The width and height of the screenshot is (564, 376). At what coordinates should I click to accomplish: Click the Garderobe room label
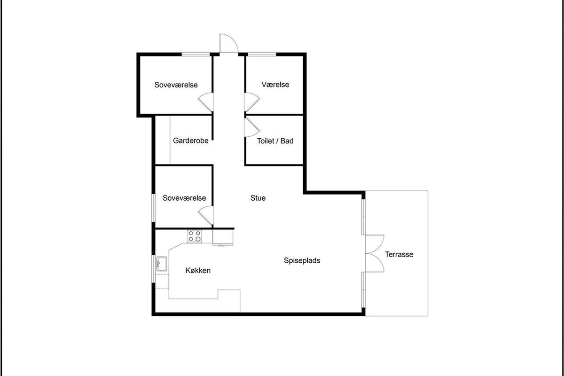191,141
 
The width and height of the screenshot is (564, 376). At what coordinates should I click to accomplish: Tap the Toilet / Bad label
275,141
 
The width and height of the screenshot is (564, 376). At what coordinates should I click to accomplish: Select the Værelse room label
275,85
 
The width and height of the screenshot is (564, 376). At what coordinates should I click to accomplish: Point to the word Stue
258,198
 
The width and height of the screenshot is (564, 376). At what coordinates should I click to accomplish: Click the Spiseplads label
302,260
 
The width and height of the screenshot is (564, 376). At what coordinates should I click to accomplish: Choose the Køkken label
198,270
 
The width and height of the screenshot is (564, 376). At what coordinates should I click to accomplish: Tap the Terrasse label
399,254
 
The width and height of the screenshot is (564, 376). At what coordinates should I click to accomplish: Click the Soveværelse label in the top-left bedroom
176,85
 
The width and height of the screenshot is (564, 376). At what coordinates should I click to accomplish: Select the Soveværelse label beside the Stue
184,198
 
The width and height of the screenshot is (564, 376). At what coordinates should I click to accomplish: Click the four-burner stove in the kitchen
195,236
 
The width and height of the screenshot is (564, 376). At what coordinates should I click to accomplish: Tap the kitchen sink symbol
162,264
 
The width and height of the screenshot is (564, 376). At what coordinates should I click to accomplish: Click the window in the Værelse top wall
262,54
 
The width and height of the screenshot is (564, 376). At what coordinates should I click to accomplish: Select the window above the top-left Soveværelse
196,54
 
